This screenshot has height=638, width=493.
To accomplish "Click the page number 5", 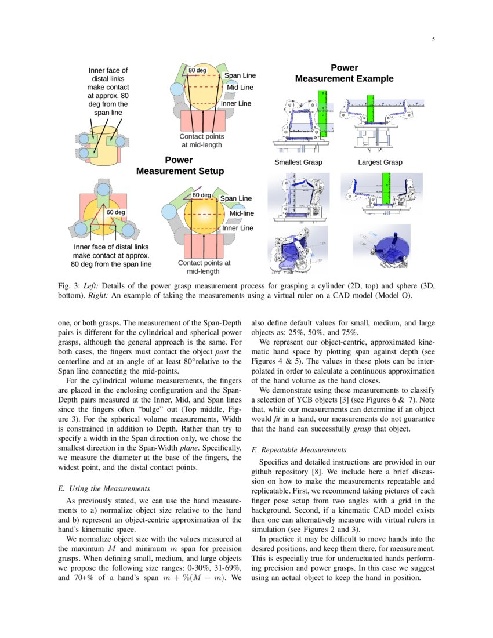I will pos(433,39).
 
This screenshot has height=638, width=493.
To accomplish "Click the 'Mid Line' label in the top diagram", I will pos(240,88).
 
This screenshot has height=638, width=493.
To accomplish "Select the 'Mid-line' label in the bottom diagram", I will pos(242,213).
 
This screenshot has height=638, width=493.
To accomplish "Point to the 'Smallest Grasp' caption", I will pos(298,162).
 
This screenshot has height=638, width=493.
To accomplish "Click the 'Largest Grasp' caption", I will pos(380,162).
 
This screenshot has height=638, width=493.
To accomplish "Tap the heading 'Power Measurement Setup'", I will pos(180,165).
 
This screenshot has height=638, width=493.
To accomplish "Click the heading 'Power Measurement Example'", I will pos(344,73).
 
